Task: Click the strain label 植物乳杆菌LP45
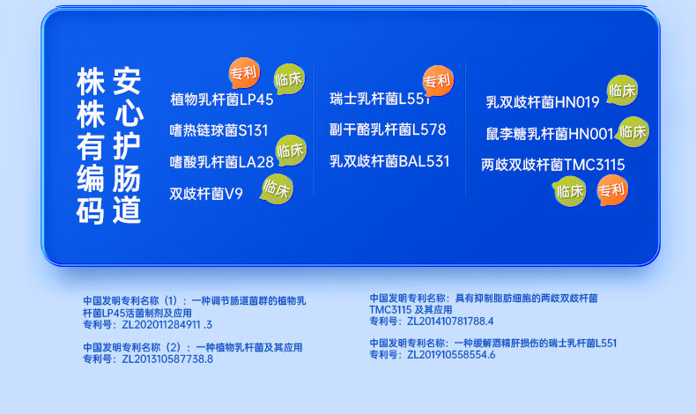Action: coord(222,100)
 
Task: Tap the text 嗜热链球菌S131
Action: coord(219,130)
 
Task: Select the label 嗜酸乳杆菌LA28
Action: coord(221,162)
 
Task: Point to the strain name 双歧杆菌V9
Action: coord(206,194)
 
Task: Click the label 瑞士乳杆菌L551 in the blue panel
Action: coord(380,99)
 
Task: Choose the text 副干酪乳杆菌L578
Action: coord(388,129)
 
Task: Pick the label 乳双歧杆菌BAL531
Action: coord(389,161)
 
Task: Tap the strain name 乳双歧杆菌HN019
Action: coord(543,102)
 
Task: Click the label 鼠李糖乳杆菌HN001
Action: coord(550,134)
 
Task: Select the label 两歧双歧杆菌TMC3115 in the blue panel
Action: coord(552,165)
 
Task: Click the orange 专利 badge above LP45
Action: coord(244,73)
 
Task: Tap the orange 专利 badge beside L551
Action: coord(438,81)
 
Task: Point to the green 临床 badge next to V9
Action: coord(277,189)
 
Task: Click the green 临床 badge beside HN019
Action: coord(622,91)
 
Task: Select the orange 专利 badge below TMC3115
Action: coord(612,191)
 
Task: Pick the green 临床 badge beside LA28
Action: coord(291,151)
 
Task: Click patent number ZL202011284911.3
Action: coord(167,325)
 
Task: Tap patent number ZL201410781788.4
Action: coord(450,322)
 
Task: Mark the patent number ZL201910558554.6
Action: coord(451,355)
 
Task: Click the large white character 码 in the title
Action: coord(91,211)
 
